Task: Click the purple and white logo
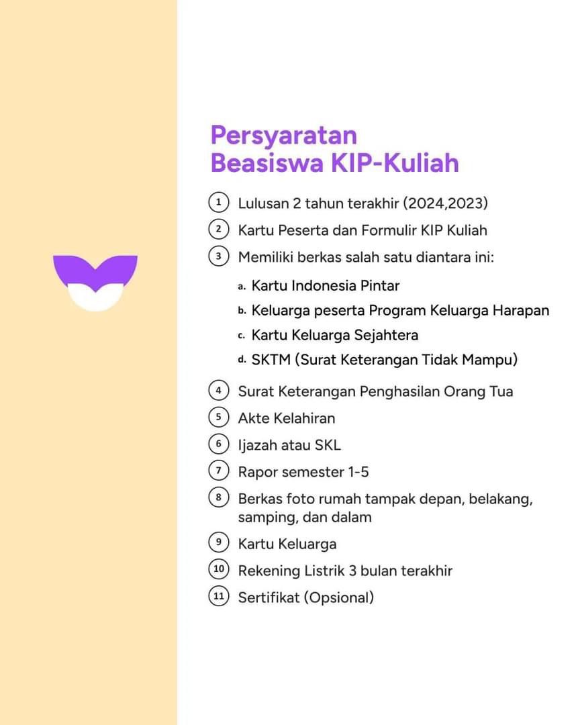[95, 283]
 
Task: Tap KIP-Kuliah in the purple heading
[395, 162]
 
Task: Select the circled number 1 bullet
[219, 203]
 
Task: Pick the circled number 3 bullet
[219, 256]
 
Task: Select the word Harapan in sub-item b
[521, 311]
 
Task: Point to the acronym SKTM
[271, 360]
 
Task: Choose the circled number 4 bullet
[219, 390]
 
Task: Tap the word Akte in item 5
[254, 418]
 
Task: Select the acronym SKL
[328, 445]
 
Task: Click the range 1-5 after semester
[358, 472]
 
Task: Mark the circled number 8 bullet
[219, 497]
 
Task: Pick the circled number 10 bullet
[219, 569]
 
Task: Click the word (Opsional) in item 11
[339, 598]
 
